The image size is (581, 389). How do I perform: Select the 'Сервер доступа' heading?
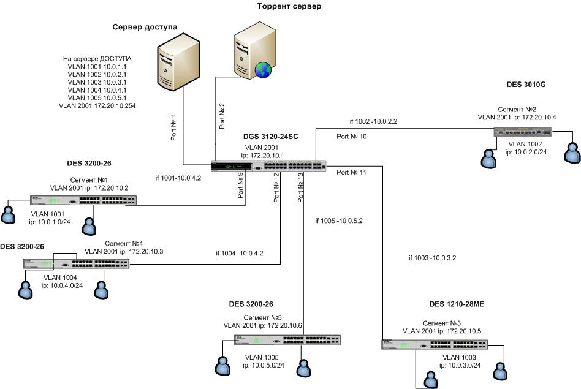coord(145,28)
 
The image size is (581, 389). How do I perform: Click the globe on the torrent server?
coord(263,70)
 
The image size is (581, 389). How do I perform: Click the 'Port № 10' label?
coord(352,137)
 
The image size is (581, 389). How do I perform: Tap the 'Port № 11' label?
coord(352,173)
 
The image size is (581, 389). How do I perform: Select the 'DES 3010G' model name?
coord(525,85)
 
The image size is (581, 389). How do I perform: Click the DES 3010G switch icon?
coord(523,131)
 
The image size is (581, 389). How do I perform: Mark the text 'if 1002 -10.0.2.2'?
coord(373,121)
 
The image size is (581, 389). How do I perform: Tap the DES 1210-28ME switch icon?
coord(442,345)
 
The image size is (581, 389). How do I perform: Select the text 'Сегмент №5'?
coord(263,317)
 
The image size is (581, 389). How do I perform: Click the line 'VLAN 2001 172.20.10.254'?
coord(97,105)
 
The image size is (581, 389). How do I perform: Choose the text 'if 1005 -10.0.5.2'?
coord(339,221)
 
